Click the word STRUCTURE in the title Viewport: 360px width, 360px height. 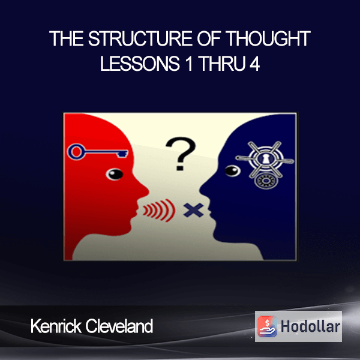(x=140, y=38)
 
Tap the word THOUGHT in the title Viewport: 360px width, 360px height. (x=268, y=38)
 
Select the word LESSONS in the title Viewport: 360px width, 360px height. (x=140, y=63)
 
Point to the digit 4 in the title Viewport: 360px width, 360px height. (x=254, y=63)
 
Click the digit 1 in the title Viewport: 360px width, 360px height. (x=189, y=63)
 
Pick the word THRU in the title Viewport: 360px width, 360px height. (x=222, y=63)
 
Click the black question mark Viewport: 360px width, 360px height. (x=181, y=154)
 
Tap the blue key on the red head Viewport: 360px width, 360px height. (x=98, y=152)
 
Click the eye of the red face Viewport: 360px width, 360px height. (x=115, y=174)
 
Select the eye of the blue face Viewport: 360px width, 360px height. (x=233, y=171)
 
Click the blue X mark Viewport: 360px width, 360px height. (x=193, y=210)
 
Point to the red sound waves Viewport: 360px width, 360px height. (x=159, y=211)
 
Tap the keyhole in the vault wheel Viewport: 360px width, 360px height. (x=265, y=159)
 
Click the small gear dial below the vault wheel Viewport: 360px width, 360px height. (x=266, y=181)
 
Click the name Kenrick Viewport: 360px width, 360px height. (x=56, y=326)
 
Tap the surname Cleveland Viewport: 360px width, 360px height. (x=119, y=326)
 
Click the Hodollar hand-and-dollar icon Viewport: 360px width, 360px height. (x=267, y=326)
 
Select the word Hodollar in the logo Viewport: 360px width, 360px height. (x=310, y=326)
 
